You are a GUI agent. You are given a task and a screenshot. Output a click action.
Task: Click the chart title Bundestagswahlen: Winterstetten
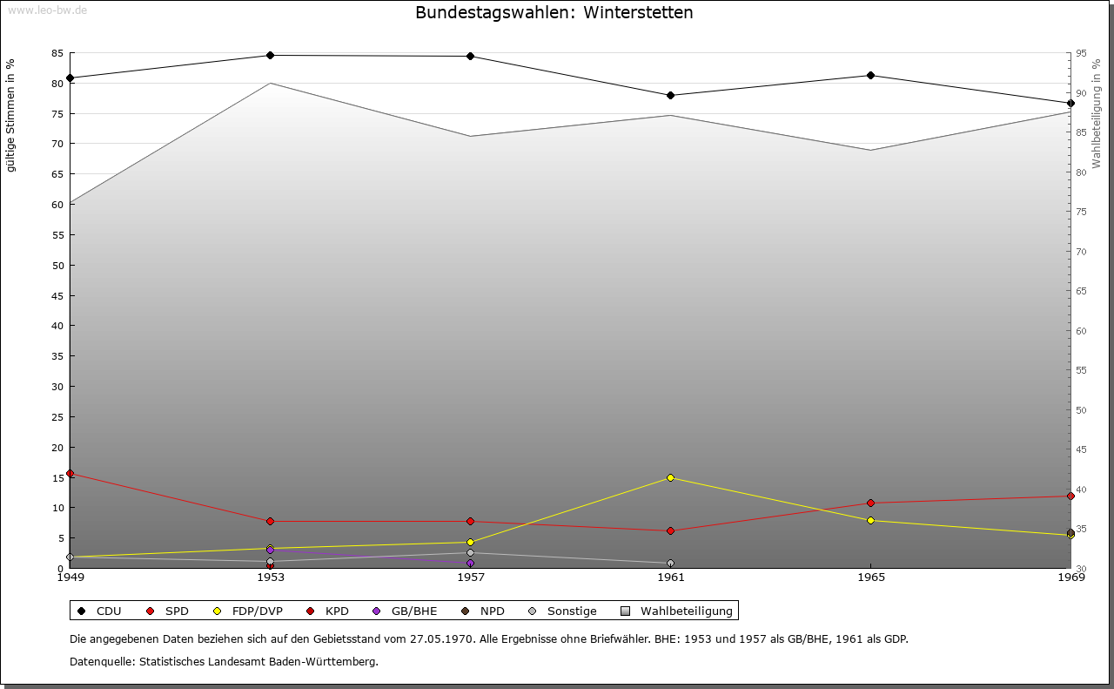pyautogui.click(x=554, y=13)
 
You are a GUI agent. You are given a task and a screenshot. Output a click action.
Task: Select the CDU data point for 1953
pyautogui.click(x=270, y=56)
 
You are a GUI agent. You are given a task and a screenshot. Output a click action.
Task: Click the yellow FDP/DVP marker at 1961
pyautogui.click(x=670, y=478)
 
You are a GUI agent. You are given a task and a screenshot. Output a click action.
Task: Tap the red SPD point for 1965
pyautogui.click(x=870, y=503)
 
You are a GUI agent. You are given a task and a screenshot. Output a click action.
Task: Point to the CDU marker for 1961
pyautogui.click(x=670, y=96)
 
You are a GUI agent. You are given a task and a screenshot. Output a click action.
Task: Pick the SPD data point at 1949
pyautogui.click(x=70, y=474)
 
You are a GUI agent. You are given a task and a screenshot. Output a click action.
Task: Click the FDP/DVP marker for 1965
pyautogui.click(x=870, y=521)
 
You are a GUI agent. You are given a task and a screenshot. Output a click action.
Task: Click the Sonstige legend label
pyautogui.click(x=571, y=611)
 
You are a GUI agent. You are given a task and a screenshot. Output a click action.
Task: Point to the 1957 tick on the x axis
pyautogui.click(x=470, y=577)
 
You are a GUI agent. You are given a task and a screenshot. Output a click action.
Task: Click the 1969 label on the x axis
pyautogui.click(x=1070, y=577)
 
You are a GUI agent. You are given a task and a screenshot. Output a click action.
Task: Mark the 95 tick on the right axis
pyautogui.click(x=1081, y=54)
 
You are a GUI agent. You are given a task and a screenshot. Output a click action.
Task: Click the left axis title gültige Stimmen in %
pyautogui.click(x=11, y=116)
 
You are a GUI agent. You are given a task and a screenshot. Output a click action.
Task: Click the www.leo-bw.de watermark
pyautogui.click(x=47, y=10)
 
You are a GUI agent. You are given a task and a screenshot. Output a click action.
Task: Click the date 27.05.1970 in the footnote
pyautogui.click(x=441, y=639)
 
